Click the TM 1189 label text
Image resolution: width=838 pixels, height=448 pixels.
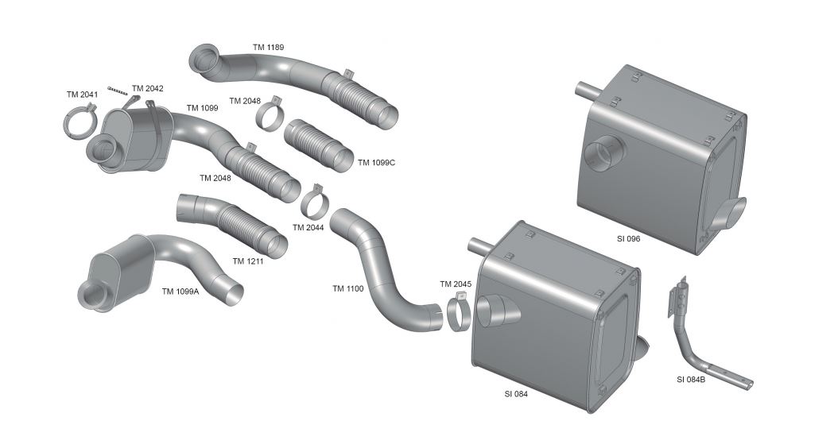[268, 47]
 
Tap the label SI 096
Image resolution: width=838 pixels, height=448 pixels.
[628, 238]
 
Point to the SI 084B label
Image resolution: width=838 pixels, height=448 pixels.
[690, 380]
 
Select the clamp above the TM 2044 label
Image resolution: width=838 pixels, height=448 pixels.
[314, 203]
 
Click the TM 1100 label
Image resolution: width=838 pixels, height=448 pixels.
[348, 289]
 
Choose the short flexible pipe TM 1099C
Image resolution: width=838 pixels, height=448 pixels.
[319, 145]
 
